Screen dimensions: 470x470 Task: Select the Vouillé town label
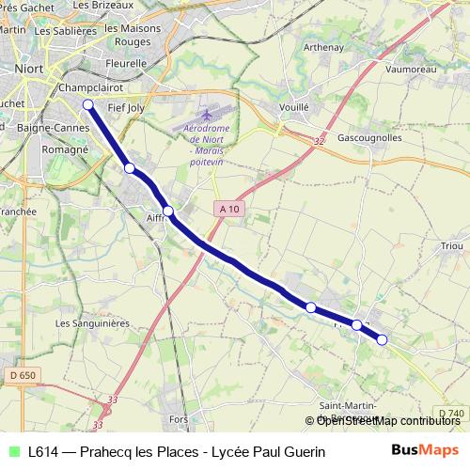pyautogui.click(x=294, y=107)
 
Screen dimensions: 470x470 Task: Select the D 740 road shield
pyautogui.click(x=451, y=414)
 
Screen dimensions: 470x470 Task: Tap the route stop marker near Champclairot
pyautogui.click(x=87, y=104)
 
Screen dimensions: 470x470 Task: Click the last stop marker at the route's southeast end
pyautogui.click(x=382, y=339)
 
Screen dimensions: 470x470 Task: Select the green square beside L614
pyautogui.click(x=14, y=451)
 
